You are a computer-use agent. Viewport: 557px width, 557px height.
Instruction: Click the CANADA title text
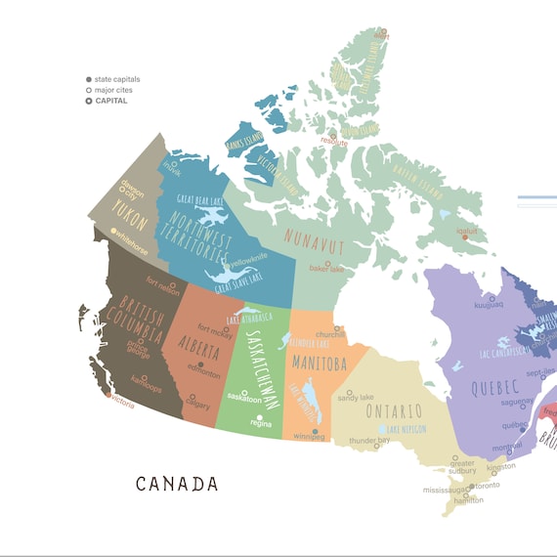[x=177, y=483]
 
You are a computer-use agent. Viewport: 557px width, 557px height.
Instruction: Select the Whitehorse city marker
[x=113, y=232]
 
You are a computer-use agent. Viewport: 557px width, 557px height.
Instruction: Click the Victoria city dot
[x=108, y=396]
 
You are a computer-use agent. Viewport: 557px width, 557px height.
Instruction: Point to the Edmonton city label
[x=204, y=372]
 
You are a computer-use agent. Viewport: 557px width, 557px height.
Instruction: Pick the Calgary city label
[x=198, y=405]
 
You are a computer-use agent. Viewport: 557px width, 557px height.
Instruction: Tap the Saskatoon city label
[x=244, y=399]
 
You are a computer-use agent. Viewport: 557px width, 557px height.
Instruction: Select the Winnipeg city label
[x=309, y=437]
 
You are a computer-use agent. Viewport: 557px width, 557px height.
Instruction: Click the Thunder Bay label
[x=369, y=441]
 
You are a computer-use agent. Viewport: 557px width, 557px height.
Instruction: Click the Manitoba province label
[x=319, y=364]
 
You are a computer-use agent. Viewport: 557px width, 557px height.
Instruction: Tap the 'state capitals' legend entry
[x=116, y=79]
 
